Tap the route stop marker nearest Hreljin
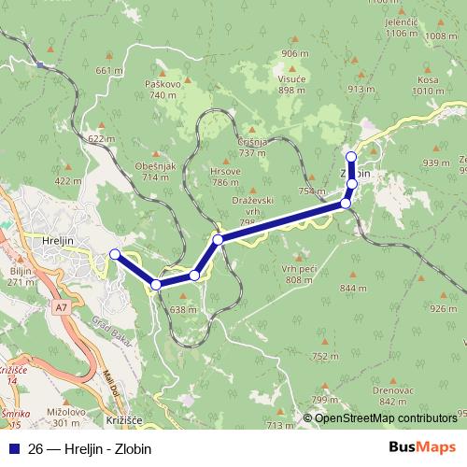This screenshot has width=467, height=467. pos(115,254)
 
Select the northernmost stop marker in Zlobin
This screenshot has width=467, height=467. pos(351,156)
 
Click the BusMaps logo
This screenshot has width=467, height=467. pos(417,448)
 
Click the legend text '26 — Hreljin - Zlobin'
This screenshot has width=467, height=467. pos(90,448)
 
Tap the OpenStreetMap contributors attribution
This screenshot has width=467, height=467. pos(385,417)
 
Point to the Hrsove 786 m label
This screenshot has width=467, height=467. pos(226,177)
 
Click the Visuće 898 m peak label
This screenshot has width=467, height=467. pos(291,85)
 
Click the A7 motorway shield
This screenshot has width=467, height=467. pos(61,305)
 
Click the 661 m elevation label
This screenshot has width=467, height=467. pos(109,70)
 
